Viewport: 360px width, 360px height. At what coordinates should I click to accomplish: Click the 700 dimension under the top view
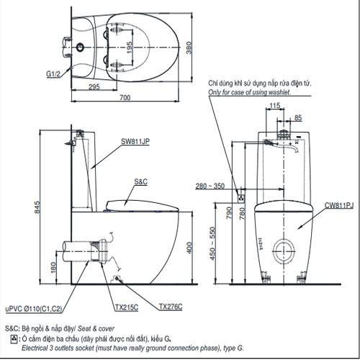(125, 97)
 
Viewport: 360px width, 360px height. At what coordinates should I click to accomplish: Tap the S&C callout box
(140, 184)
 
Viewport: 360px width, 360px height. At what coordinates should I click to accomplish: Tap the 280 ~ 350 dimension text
(210, 186)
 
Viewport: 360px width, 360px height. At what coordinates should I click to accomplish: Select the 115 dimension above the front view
(274, 107)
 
